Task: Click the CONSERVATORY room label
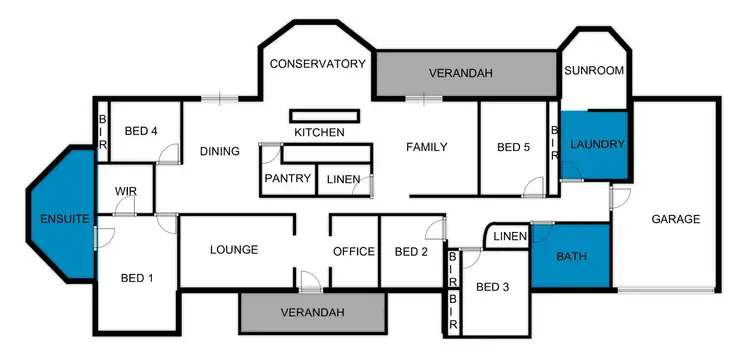click(318, 64)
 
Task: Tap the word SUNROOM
click(594, 71)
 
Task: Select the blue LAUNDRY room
click(596, 145)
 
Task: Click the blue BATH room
click(571, 256)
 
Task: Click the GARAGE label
click(675, 219)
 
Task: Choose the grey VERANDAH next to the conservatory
click(465, 74)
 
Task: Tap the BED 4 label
click(141, 131)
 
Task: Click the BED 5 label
click(513, 148)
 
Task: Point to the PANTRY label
click(288, 178)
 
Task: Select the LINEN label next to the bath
click(510, 236)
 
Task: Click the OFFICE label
click(354, 251)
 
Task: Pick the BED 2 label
click(411, 251)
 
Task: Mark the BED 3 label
click(492, 288)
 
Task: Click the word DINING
click(219, 152)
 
